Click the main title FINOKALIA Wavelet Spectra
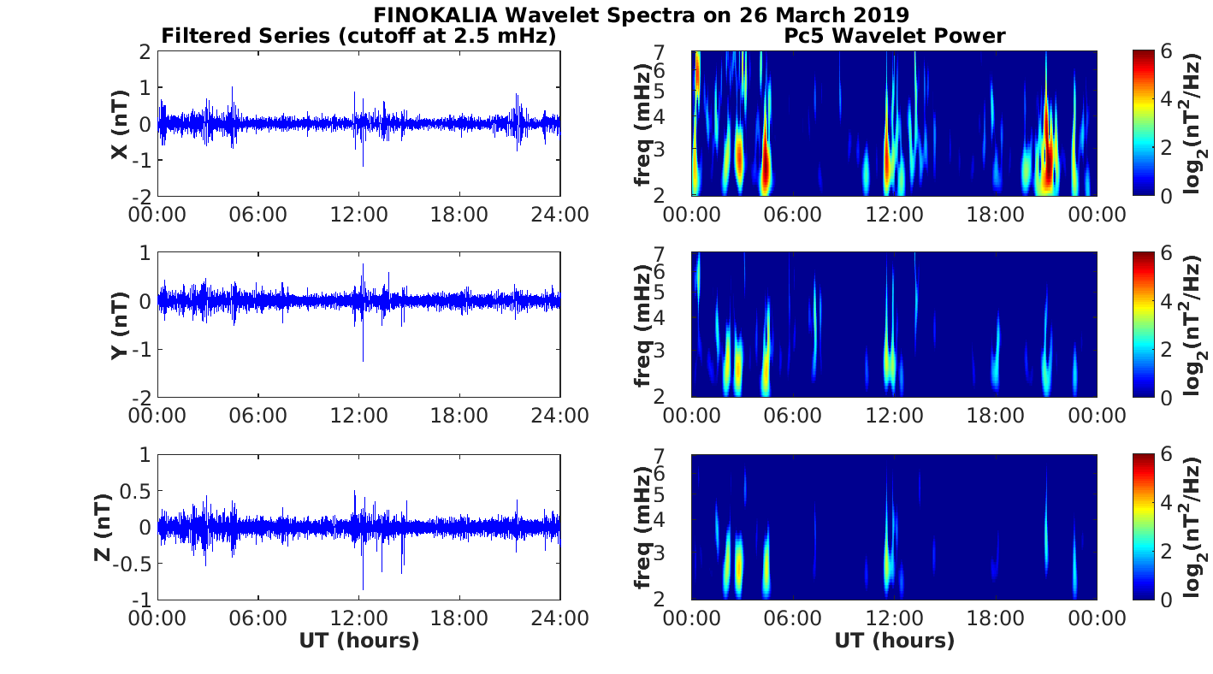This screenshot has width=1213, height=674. tap(640, 15)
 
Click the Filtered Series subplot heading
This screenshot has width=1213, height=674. tap(358, 36)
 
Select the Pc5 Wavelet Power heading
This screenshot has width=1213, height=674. tap(894, 36)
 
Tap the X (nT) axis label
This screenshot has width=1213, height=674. tap(120, 124)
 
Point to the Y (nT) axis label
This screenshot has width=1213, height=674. tap(120, 325)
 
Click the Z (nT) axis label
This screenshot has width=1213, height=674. tap(101, 527)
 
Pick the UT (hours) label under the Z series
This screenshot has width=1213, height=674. tap(358, 641)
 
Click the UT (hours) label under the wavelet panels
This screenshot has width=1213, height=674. tap(894, 641)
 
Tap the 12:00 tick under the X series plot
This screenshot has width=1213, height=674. tap(358, 214)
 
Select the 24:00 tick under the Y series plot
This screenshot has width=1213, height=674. tap(561, 416)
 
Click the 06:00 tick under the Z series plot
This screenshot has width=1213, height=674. tap(257, 617)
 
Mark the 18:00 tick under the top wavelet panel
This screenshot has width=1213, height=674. tap(995, 214)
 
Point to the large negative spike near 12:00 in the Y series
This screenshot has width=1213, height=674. tap(364, 355)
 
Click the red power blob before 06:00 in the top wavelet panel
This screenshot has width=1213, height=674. tap(766, 167)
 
